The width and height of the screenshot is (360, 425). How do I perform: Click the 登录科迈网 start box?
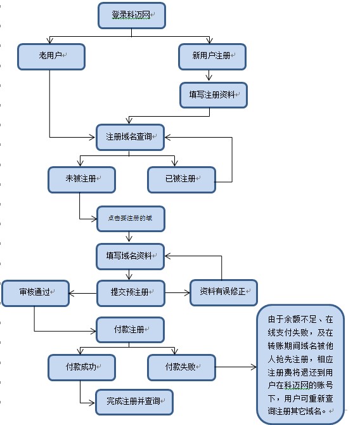132,15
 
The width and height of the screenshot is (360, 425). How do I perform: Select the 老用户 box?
51,56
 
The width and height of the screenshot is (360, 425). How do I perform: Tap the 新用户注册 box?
212,56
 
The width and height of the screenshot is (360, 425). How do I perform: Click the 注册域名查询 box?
130,137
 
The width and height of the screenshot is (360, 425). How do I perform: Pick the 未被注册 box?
81,179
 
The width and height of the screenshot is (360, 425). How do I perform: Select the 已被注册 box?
181,179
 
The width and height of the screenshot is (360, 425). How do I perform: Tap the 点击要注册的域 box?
130,218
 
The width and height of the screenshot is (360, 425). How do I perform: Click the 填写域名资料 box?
130,256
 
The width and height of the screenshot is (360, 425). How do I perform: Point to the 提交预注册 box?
130,293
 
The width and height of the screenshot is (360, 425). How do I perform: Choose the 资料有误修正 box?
223,292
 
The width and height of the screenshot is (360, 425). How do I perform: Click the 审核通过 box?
35,293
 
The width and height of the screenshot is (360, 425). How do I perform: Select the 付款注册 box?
130,330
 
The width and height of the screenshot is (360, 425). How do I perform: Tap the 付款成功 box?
81,367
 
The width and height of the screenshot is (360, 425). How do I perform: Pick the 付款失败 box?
181,367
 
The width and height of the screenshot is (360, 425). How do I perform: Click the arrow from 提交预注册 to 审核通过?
82,293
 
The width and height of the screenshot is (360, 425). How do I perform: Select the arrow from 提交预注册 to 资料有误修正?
177,293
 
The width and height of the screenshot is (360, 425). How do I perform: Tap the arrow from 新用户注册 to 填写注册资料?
212,76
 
